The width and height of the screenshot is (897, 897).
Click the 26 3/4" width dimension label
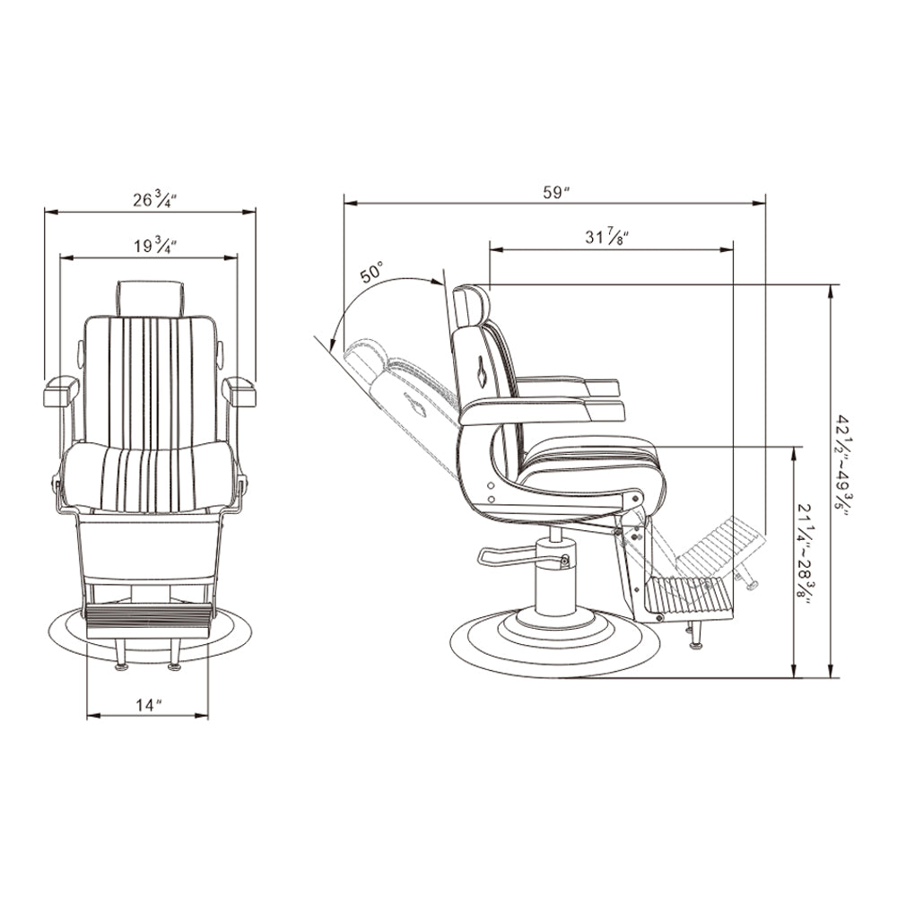[x=154, y=199]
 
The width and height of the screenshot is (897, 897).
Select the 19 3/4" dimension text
[x=155, y=246]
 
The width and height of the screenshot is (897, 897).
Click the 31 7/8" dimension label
[x=607, y=236]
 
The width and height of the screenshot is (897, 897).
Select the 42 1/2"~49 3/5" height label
[x=846, y=465]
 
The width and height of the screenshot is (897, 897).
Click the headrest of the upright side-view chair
[x=472, y=306]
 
